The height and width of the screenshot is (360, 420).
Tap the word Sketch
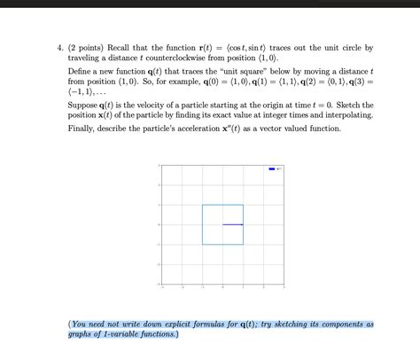coord(348,104)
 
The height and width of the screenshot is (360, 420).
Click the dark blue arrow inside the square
coord(233,224)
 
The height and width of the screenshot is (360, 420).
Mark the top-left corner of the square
coord(203,205)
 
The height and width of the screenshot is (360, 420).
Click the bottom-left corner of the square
coord(203,245)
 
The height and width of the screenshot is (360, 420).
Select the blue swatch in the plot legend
coord(271,168)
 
